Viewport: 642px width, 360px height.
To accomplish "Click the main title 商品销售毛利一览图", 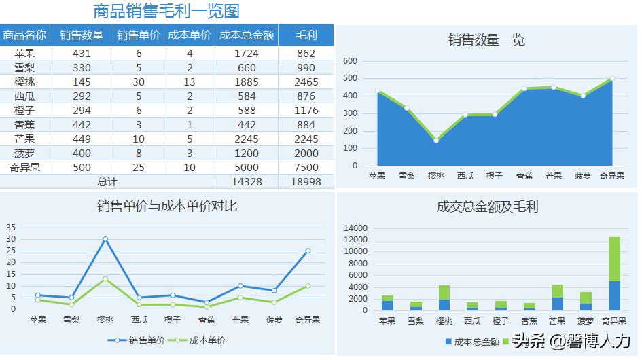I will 166,12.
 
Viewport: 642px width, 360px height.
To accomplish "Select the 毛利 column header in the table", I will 306,35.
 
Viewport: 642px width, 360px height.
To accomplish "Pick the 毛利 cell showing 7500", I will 306,167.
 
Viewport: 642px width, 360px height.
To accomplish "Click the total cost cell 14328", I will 247,182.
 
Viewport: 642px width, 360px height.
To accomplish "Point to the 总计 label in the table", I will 107,182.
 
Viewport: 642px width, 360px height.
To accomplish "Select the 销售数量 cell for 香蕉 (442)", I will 82,124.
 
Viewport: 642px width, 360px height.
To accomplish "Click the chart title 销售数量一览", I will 486,40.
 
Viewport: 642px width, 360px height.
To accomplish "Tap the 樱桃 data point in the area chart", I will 435,141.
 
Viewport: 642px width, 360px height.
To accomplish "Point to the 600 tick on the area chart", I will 350,61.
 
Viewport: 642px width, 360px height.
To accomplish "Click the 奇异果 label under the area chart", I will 612,176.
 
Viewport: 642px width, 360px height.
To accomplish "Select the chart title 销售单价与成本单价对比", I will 167,206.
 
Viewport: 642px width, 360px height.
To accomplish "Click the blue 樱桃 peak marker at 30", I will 105,239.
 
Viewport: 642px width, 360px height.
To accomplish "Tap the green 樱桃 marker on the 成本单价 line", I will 105,278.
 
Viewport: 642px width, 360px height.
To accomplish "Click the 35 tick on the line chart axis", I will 11,228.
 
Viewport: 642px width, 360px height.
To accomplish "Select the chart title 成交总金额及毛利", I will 486,206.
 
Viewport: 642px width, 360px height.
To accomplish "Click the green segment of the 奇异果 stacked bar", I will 613,259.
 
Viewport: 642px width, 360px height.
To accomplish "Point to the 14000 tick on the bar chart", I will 356,228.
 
